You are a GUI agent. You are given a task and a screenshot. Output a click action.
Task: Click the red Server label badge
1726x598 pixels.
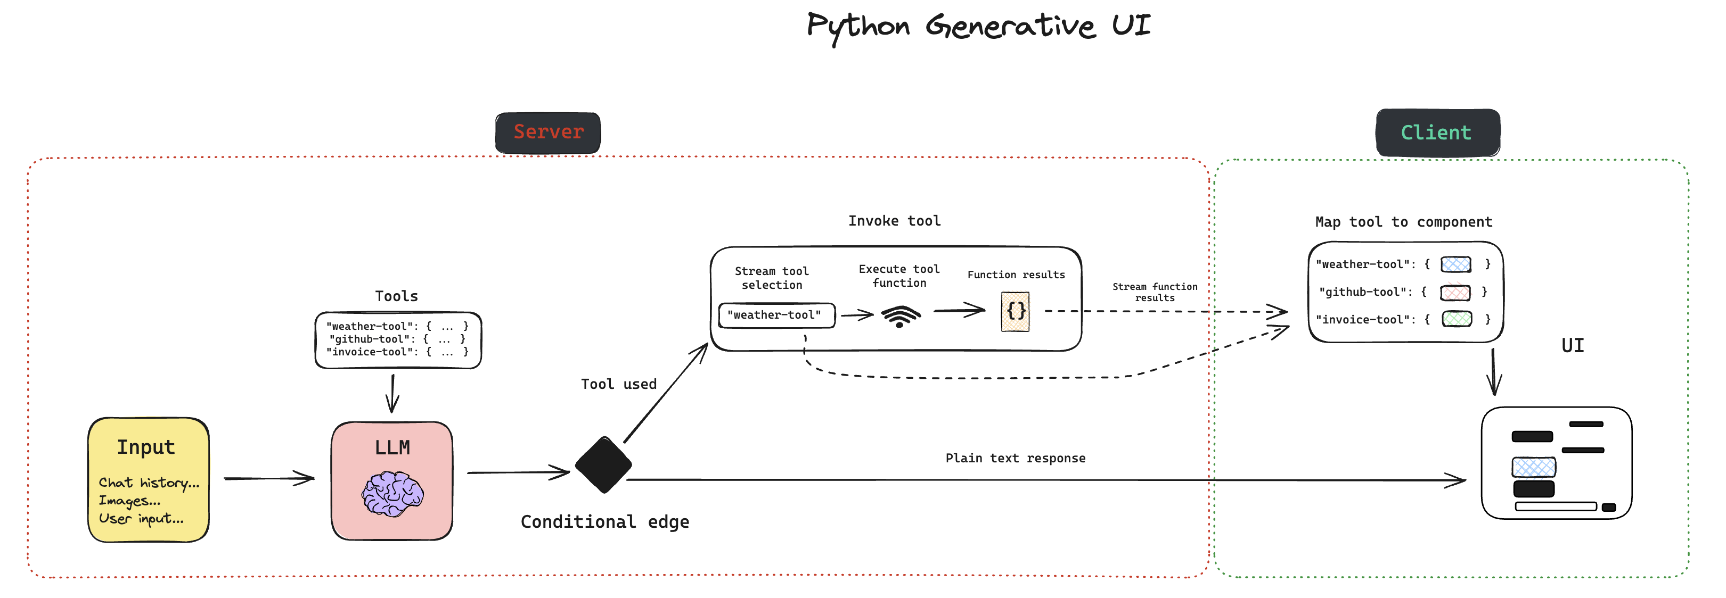[548, 132]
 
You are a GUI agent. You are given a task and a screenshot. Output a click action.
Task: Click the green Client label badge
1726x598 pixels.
[1438, 132]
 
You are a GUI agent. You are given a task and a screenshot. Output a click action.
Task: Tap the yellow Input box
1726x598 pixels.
[149, 479]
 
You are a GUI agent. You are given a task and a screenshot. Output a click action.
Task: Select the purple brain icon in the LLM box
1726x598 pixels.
[392, 494]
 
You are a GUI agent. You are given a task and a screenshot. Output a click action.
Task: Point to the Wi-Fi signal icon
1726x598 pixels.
[901, 316]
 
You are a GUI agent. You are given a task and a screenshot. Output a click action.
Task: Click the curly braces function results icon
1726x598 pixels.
[1016, 311]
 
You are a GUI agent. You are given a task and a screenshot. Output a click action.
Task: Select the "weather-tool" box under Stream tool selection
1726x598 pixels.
[776, 315]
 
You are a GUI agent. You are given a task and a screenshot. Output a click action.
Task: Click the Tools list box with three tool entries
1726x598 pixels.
[398, 340]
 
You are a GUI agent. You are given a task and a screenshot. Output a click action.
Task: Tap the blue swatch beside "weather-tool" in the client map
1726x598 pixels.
[1456, 264]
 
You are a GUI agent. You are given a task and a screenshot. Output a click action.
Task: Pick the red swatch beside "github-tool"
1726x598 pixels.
[1456, 293]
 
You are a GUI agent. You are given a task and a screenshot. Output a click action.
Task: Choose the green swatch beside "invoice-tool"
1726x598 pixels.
[1457, 319]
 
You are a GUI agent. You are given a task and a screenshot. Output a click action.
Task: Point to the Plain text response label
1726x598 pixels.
[1015, 458]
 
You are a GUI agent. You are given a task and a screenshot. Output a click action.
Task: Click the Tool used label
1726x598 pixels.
[618, 384]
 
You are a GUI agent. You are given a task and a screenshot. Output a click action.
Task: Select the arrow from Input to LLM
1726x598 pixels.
[269, 478]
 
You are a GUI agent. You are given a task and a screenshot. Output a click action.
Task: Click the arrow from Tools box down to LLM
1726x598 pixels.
[392, 394]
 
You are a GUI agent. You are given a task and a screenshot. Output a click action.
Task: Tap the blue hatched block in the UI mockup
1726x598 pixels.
[1534, 467]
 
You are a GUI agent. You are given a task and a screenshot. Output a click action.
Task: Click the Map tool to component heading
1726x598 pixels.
[1404, 222]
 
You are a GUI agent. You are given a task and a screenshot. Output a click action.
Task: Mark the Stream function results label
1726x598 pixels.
[1155, 292]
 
